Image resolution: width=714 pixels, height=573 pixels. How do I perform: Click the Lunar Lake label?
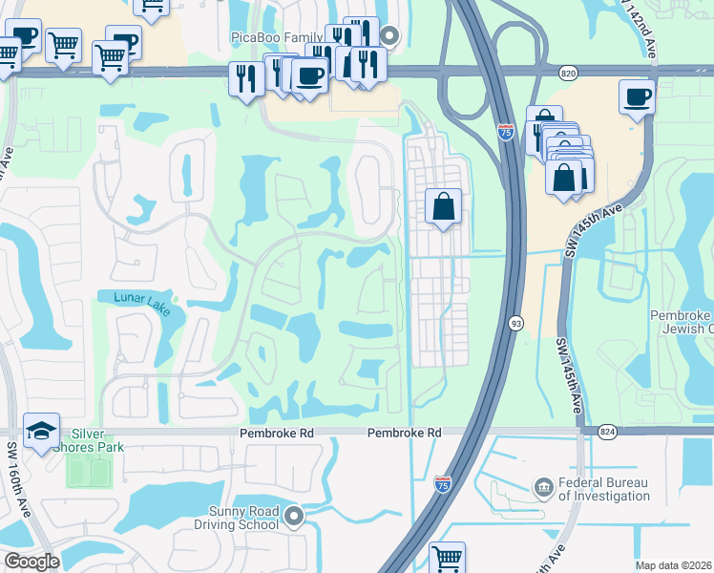(x=141, y=299)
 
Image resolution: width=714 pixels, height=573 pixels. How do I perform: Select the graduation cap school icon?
(x=41, y=433)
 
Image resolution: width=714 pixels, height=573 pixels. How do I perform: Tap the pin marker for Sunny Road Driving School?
(x=294, y=518)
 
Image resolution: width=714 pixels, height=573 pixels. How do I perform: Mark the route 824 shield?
(x=607, y=432)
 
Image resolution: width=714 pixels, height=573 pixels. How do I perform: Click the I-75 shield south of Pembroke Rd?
(x=443, y=485)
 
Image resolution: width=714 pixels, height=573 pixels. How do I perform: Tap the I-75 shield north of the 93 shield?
(x=506, y=134)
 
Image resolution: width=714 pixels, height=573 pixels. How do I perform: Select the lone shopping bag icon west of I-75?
(x=444, y=205)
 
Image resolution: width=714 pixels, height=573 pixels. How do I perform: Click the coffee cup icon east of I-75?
(x=637, y=96)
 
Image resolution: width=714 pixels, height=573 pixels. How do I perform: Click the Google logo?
(x=31, y=562)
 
